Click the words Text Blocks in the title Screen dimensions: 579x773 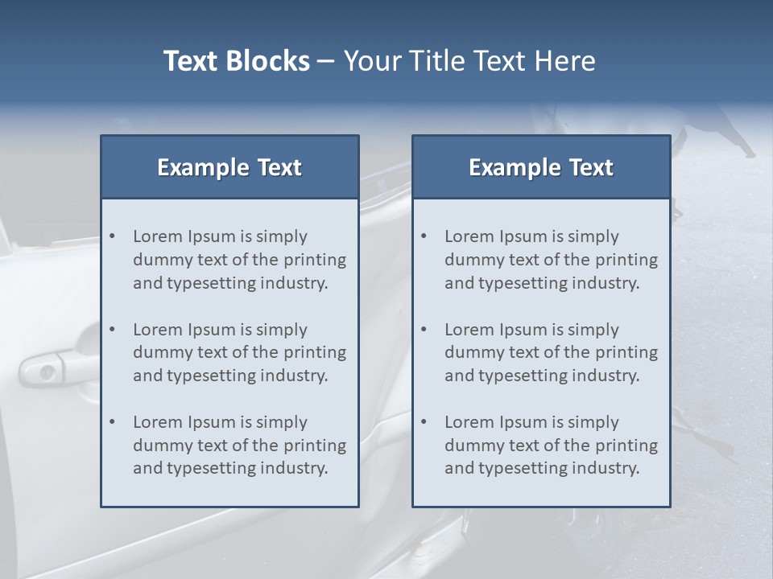point(236,61)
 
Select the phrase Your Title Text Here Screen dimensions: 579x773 point(469,61)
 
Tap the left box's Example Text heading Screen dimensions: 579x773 point(229,167)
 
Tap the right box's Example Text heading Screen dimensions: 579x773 point(541,167)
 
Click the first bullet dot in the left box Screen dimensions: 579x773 point(113,236)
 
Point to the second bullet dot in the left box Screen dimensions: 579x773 point(113,330)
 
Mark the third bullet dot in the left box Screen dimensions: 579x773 point(113,422)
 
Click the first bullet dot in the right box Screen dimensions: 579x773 point(424,236)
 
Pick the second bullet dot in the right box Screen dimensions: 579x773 point(424,330)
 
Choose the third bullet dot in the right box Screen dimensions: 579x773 point(424,422)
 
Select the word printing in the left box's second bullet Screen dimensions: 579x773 point(315,352)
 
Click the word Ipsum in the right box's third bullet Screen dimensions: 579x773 point(523,422)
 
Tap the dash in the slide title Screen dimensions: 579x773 point(326,62)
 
